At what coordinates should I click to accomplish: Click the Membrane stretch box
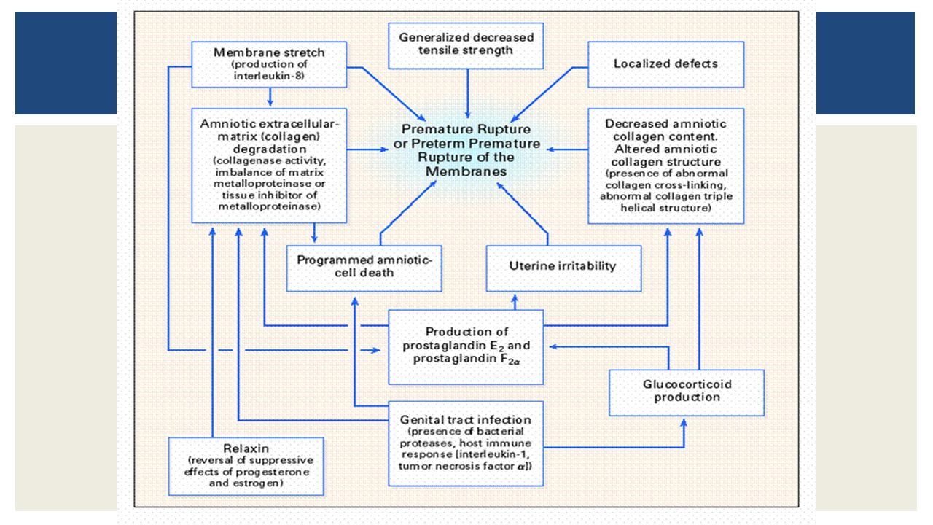(x=269, y=64)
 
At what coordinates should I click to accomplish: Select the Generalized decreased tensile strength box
(x=466, y=46)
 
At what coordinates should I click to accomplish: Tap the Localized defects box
(x=666, y=64)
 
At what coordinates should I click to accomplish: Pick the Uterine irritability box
(x=563, y=268)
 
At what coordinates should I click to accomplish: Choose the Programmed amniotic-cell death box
(x=364, y=268)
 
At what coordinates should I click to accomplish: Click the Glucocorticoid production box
(x=687, y=392)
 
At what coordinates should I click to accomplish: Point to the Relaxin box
(x=246, y=466)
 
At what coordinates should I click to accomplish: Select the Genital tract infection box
(x=466, y=443)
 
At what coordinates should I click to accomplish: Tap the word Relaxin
(x=246, y=448)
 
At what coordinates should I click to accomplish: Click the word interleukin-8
(x=269, y=76)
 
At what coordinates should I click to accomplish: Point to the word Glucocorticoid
(x=687, y=384)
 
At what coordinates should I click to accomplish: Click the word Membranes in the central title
(x=466, y=171)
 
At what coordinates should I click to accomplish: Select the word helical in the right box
(x=637, y=208)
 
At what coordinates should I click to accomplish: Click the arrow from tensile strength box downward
(x=468, y=94)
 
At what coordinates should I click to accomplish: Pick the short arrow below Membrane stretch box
(x=270, y=97)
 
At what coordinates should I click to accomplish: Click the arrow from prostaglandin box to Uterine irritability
(x=515, y=302)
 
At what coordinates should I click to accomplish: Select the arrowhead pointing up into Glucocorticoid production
(x=684, y=422)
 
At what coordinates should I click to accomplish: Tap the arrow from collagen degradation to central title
(x=367, y=149)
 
